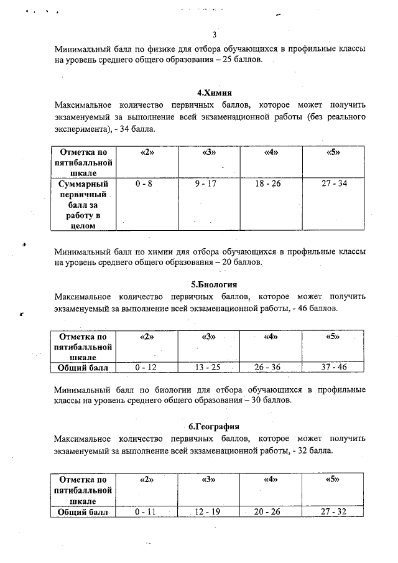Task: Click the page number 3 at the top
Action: pos(214,34)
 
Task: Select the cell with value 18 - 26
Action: pos(268,185)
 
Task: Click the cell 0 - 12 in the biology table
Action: pos(145,368)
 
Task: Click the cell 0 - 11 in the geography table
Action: pos(145,511)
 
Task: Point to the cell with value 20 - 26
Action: pos(268,511)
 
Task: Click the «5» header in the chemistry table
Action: pos(334,152)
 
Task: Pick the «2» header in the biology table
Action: pos(146,337)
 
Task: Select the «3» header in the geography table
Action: pos(208,480)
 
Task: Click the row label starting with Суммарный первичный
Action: pos(83,205)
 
